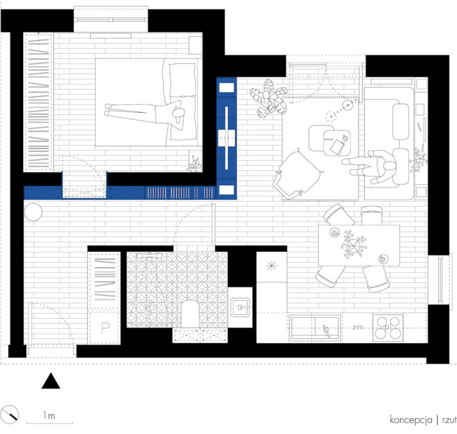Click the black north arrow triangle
point(51,382)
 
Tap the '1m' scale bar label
point(49,415)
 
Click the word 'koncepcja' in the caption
point(411,420)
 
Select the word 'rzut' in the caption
point(449,420)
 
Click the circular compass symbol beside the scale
point(10,415)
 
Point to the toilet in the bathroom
point(190,314)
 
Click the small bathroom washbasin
point(240,307)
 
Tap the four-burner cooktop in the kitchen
point(388,328)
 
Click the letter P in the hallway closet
point(105,328)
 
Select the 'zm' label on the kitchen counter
point(357,327)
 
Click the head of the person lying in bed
point(178,113)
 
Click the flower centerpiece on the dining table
point(354,245)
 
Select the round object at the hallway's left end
point(33,212)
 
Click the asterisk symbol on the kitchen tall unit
point(271,266)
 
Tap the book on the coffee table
point(337,146)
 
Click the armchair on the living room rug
point(298,174)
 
